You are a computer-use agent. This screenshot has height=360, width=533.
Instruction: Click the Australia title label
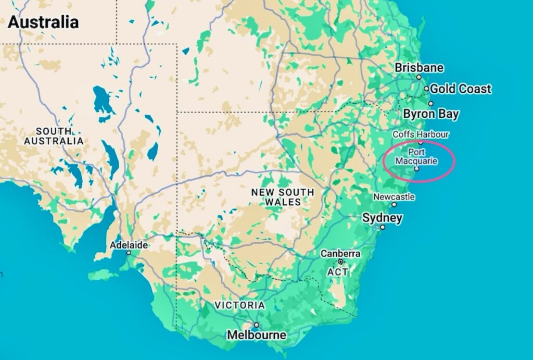tap(43, 22)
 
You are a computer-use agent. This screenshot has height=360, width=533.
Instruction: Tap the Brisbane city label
tap(419, 68)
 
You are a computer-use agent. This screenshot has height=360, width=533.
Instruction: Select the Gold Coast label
tap(460, 89)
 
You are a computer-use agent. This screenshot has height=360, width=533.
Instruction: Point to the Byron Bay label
tap(431, 114)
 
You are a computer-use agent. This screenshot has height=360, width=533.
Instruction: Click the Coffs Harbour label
tap(421, 134)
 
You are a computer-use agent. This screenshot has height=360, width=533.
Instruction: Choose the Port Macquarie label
tap(416, 156)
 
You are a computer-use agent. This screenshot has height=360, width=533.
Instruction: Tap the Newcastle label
tap(394, 197)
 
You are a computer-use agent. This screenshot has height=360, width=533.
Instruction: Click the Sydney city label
tap(382, 218)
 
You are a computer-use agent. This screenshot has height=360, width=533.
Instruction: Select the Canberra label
tap(340, 254)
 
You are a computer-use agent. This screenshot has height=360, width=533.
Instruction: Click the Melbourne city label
tap(256, 335)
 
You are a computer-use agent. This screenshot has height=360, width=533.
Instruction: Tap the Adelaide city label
tap(129, 245)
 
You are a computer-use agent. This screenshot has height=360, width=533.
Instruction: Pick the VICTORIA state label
tap(239, 305)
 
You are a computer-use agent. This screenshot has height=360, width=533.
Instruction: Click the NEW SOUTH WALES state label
tap(283, 197)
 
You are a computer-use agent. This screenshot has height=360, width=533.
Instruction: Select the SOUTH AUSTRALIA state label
tap(54, 136)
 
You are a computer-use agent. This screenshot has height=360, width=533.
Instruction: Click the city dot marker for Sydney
tap(383, 227)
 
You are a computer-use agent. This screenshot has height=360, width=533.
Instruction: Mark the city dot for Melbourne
tap(256, 325)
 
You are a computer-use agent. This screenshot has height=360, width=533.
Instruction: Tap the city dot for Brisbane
tap(418, 77)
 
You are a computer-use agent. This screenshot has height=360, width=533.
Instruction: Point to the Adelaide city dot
tap(129, 253)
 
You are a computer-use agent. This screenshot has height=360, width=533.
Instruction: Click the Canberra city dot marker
tap(340, 262)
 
